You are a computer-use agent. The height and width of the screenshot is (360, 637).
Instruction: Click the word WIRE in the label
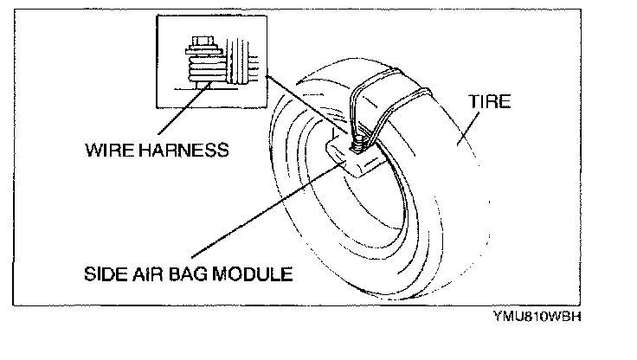[x=107, y=149]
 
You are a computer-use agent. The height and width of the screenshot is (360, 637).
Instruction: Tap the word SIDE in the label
[x=106, y=274]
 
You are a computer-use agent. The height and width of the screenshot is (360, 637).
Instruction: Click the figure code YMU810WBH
[x=537, y=315]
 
